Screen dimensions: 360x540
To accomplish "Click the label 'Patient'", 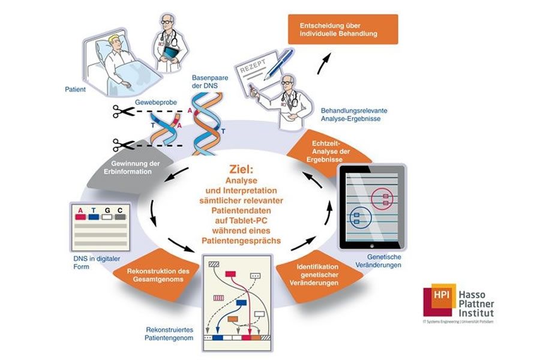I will click(x=76, y=89).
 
